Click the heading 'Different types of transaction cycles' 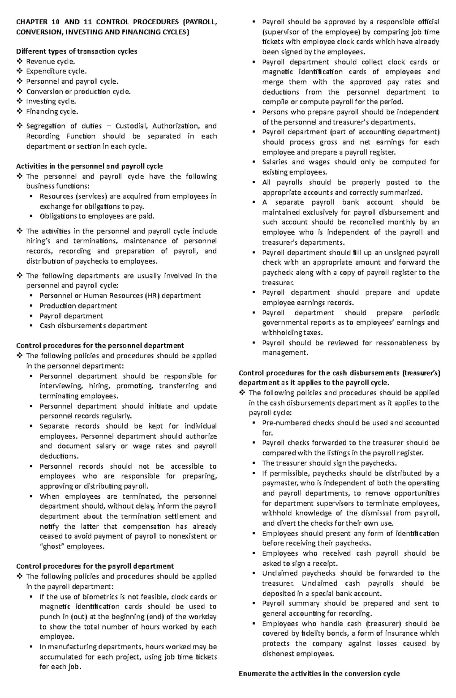click(x=76, y=51)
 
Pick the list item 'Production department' click(x=78, y=306)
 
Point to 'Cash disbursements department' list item click(x=93, y=326)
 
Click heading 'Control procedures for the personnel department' click(x=100, y=345)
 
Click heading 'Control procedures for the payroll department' click(x=95, y=566)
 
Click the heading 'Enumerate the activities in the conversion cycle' click(x=319, y=674)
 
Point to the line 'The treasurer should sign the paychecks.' click(x=329, y=463)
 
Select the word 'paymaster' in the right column click(x=280, y=483)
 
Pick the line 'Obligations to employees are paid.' click(x=97, y=216)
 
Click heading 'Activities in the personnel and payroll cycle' click(x=89, y=166)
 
